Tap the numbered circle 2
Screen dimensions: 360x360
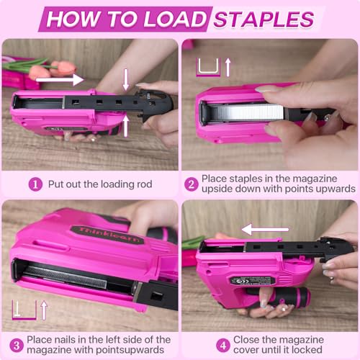click(192, 184)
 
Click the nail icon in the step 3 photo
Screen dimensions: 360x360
click(24, 310)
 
